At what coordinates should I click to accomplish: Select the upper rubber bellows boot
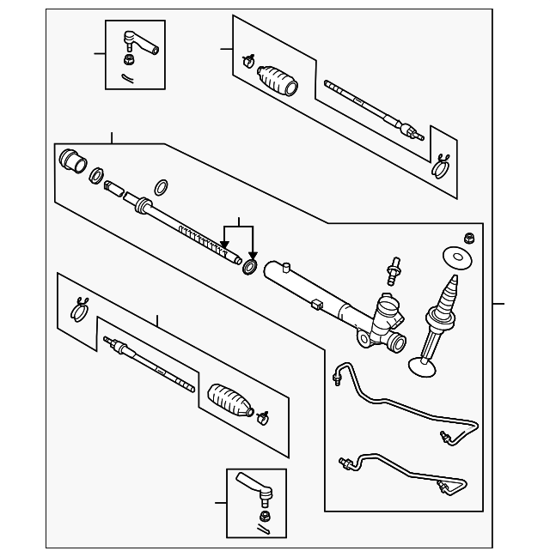coord(278,78)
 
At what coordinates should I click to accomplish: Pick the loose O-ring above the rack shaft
coord(162,187)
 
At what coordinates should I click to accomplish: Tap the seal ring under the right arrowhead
coord(251,266)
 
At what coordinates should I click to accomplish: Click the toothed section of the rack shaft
coord(202,239)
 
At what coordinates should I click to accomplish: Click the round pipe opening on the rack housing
coord(396,343)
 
